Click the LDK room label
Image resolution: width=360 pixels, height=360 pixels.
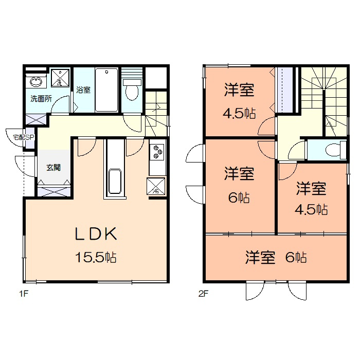pyautogui.click(x=96, y=233)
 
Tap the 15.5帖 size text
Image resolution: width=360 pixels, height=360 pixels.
pyautogui.click(x=96, y=257)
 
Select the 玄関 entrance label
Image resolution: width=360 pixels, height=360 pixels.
pyautogui.click(x=53, y=167)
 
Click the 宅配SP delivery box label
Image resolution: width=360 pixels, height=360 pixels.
pyautogui.click(x=24, y=137)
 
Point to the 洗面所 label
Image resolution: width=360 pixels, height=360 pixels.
pyautogui.click(x=41, y=99)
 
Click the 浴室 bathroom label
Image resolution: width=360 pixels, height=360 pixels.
pyautogui.click(x=83, y=89)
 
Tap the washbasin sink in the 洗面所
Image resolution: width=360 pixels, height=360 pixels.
pyautogui.click(x=36, y=82)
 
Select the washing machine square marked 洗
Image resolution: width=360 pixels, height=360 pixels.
pyautogui.click(x=60, y=78)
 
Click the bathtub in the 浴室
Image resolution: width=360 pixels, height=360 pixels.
pyautogui.click(x=106, y=89)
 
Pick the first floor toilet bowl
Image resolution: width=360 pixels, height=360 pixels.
pyautogui.click(x=132, y=90)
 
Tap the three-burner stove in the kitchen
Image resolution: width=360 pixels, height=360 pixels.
pyautogui.click(x=157, y=152)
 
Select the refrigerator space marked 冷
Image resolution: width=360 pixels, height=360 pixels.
pyautogui.click(x=156, y=186)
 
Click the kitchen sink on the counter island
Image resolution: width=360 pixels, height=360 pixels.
pyautogui.click(x=115, y=182)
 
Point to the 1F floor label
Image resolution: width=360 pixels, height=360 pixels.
pyautogui.click(x=24, y=294)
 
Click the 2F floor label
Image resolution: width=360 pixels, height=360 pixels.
pyautogui.click(x=203, y=294)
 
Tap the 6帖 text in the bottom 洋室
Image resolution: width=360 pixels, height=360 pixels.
pyautogui.click(x=296, y=257)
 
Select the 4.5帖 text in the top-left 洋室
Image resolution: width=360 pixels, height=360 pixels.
pyautogui.click(x=239, y=113)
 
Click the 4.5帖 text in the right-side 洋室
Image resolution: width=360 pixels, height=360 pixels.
pyautogui.click(x=311, y=209)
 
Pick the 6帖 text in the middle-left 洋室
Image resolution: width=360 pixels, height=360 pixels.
pyautogui.click(x=239, y=197)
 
